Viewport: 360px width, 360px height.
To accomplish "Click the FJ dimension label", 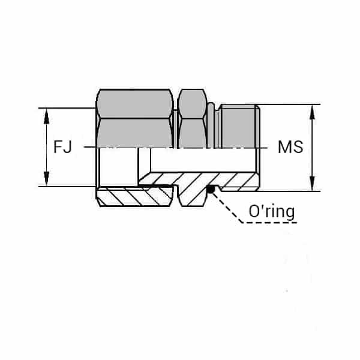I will click(x=62, y=147).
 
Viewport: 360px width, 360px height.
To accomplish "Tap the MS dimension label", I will click(x=290, y=147).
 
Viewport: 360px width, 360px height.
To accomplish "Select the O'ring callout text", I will click(x=271, y=212).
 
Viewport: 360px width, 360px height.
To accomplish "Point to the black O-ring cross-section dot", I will click(x=211, y=190).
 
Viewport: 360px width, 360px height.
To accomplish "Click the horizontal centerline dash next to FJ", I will click(x=88, y=147).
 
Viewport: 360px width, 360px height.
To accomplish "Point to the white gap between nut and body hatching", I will click(x=178, y=196).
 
